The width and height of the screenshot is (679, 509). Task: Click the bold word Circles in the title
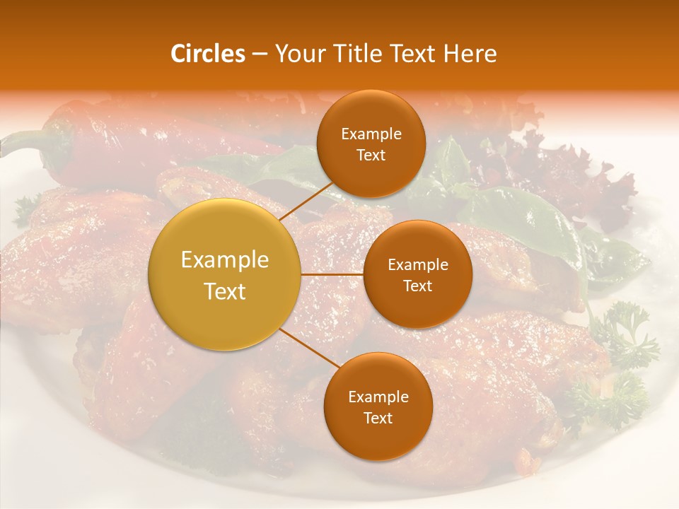208,54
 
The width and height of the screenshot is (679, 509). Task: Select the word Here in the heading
470,54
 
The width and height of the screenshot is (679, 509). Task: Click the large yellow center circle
225,275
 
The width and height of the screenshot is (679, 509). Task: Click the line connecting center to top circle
306,201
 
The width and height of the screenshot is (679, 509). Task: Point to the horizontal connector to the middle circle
332,274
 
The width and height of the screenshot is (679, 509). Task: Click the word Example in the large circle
225,260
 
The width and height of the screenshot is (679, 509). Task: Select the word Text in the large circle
225,291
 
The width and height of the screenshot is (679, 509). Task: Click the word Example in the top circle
371,134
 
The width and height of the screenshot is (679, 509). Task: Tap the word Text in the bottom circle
378,419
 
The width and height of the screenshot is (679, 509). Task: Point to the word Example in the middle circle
417,265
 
